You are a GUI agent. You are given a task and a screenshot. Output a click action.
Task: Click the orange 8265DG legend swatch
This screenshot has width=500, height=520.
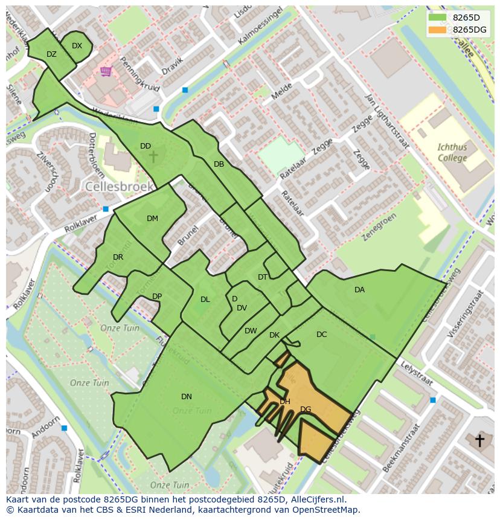[x=438, y=30]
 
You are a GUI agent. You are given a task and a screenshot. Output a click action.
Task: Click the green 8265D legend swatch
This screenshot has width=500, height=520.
[x=438, y=18]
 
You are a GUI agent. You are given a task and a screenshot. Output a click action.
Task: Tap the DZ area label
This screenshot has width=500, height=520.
[x=51, y=54]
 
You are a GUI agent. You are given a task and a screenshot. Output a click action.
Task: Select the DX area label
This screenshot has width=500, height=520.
[x=77, y=46]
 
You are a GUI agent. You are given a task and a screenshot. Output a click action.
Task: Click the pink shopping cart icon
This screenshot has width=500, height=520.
[x=106, y=72]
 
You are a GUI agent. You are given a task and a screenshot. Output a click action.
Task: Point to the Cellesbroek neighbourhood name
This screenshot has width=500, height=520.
[x=119, y=187]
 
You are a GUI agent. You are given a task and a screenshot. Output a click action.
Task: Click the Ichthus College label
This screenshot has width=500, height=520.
[x=452, y=152]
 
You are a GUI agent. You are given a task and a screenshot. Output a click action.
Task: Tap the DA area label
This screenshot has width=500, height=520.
[x=359, y=290]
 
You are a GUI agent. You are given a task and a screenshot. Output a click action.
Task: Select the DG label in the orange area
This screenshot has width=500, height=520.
[x=306, y=409]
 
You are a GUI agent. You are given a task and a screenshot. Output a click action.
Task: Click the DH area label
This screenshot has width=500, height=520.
[x=285, y=402]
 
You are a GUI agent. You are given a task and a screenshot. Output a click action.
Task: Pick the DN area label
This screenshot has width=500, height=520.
[x=187, y=397]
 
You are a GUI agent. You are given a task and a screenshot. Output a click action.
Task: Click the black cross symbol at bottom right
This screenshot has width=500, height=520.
[x=480, y=440]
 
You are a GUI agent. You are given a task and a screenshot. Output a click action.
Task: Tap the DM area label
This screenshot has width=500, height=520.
[x=152, y=219]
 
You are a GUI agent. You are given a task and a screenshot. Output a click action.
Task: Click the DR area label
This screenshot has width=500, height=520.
[x=118, y=257]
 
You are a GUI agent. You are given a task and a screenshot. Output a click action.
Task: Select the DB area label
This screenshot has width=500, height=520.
[x=219, y=164]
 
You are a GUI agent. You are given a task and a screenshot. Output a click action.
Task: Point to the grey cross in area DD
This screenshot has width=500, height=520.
[x=153, y=157]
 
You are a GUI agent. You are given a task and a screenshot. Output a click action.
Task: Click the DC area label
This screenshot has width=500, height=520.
[x=321, y=335]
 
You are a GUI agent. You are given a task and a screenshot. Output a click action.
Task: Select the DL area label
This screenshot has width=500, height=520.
[x=205, y=300]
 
